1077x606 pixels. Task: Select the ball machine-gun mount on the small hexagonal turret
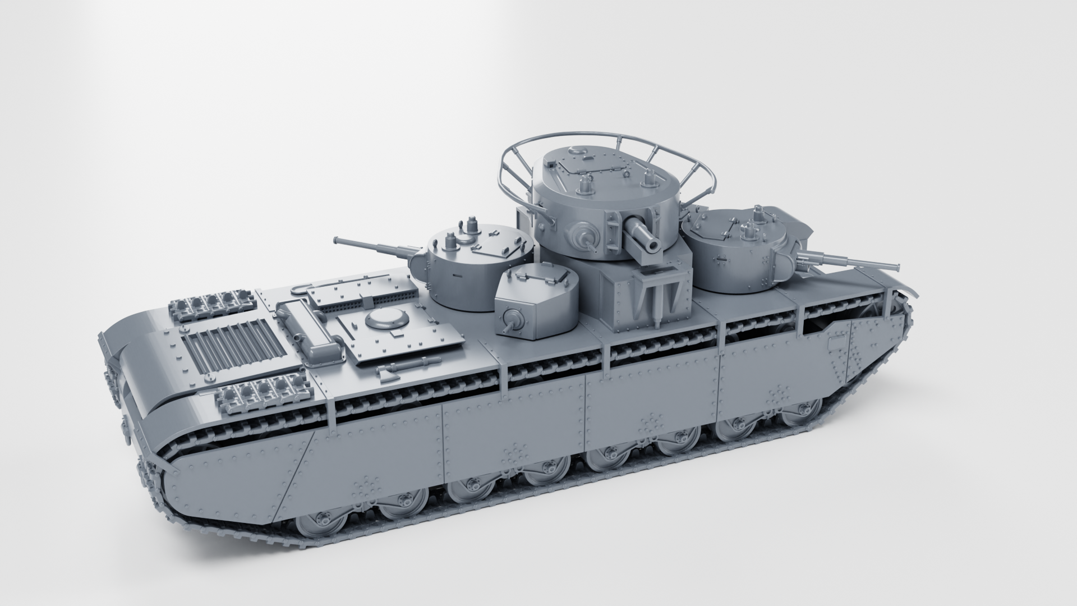(x=512, y=321)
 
